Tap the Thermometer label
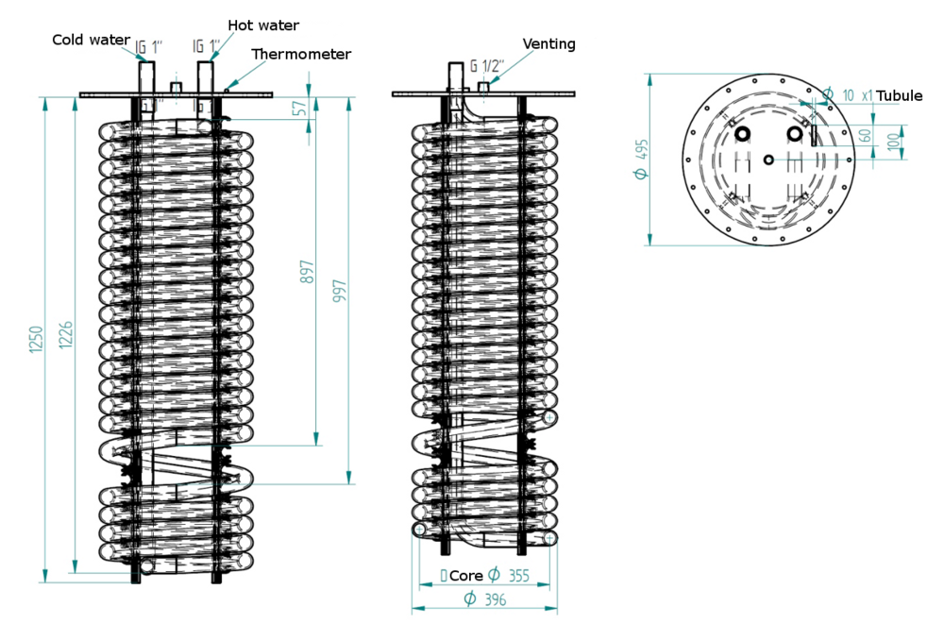click(301, 55)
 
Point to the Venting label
click(549, 43)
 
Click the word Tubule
click(900, 95)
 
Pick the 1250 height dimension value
click(36, 340)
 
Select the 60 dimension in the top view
click(864, 136)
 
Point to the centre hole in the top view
click(769, 159)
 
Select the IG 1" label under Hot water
click(206, 46)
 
